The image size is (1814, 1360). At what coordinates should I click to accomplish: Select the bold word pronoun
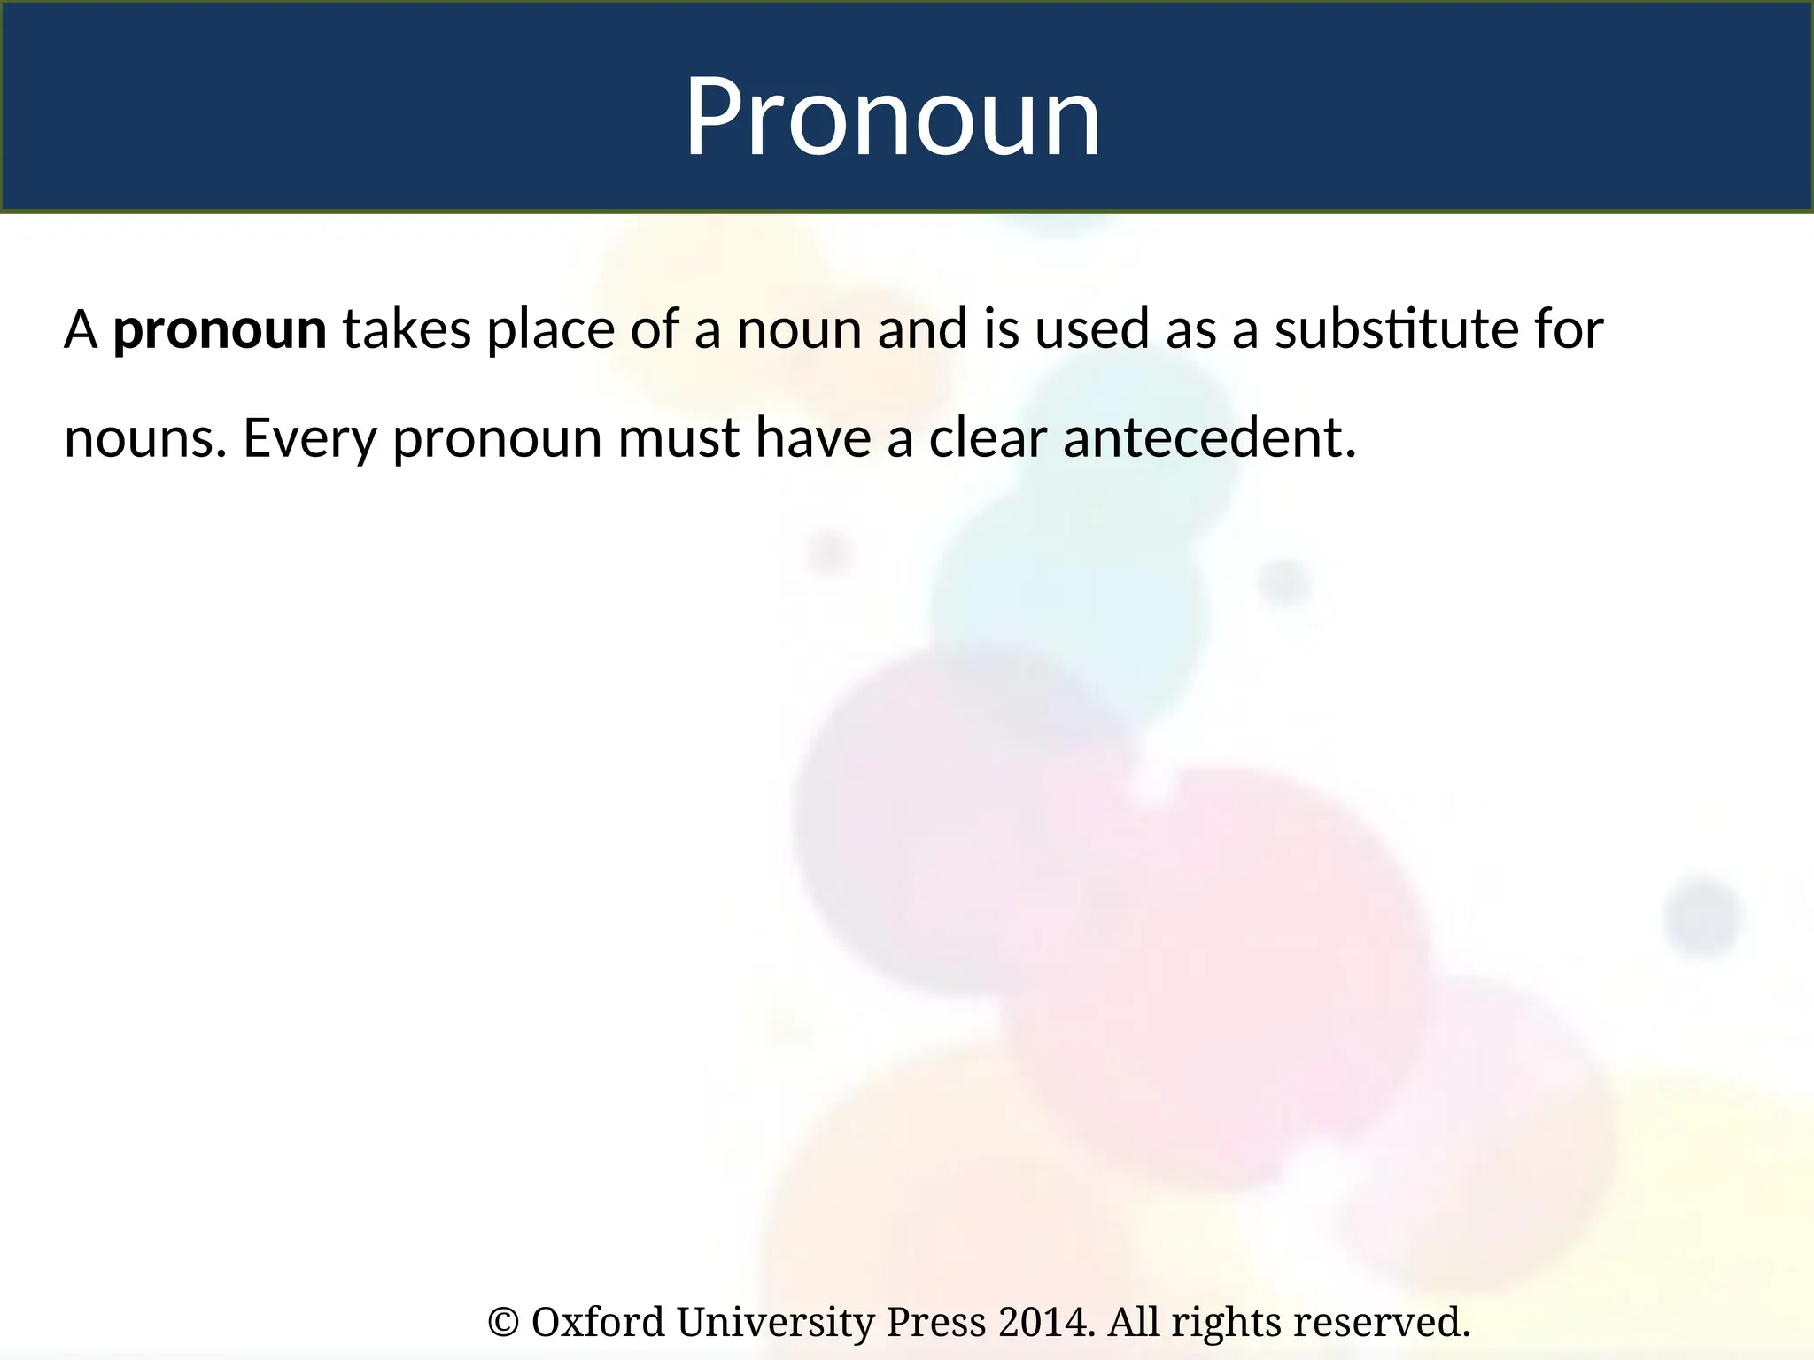click(220, 330)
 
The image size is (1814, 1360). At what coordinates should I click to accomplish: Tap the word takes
click(407, 329)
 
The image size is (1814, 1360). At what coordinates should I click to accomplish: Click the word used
click(1092, 329)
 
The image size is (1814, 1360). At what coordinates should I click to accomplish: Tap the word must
click(678, 438)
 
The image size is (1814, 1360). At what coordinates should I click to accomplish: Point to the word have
click(813, 437)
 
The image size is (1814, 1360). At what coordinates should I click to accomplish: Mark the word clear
click(988, 437)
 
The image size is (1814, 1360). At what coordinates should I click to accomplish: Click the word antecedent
click(1208, 437)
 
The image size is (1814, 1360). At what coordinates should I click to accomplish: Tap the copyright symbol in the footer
click(503, 1323)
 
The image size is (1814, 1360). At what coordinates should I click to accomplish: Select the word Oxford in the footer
click(598, 1322)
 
